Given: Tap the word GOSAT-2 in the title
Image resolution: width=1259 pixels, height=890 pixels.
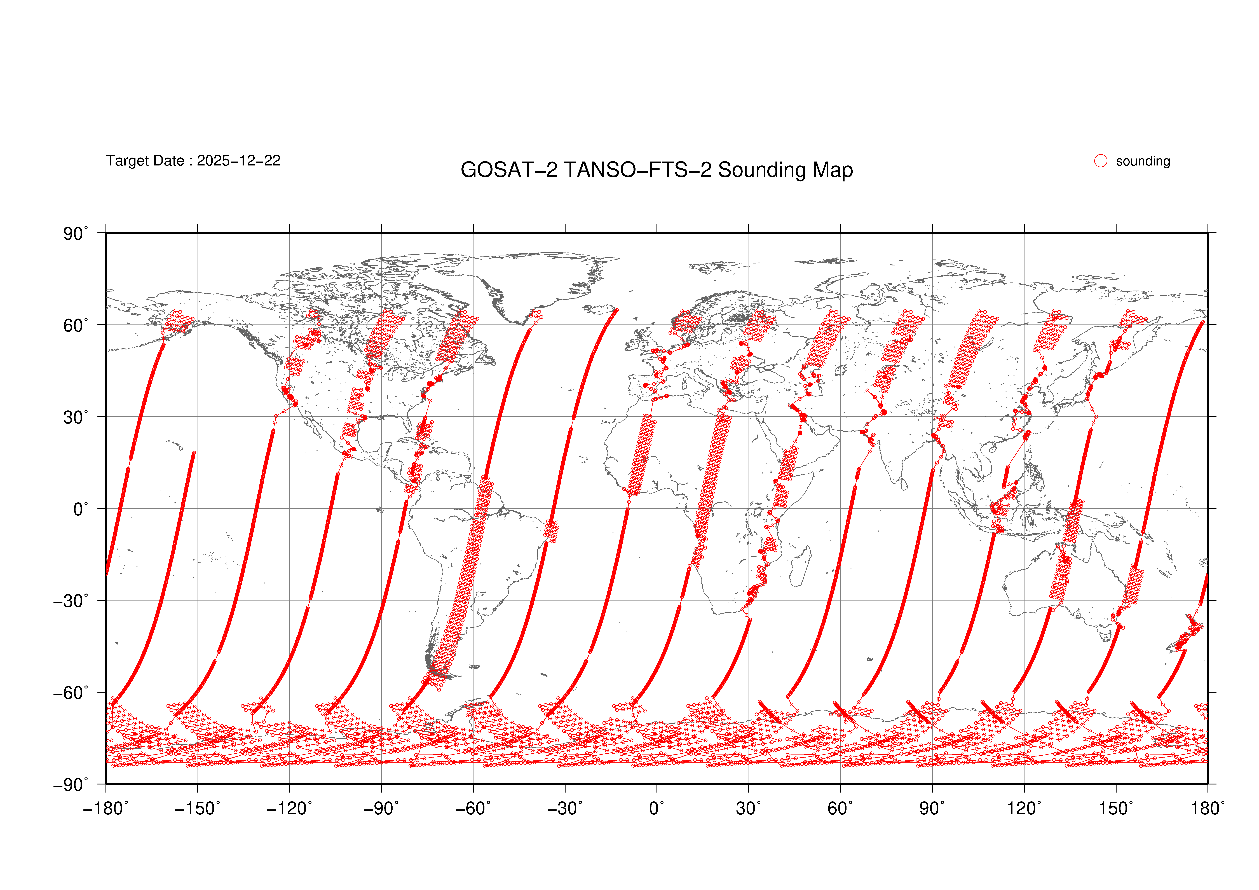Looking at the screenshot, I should point(508,170).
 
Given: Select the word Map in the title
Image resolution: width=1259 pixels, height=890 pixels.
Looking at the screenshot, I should point(832,170).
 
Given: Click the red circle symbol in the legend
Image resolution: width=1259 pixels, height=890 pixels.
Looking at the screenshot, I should point(1101,161).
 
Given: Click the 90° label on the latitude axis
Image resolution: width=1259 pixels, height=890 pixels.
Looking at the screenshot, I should point(75,234).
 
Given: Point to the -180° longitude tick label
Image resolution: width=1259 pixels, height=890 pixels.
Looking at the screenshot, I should point(106,808).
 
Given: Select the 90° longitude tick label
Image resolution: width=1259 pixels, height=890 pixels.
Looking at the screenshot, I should point(932,808).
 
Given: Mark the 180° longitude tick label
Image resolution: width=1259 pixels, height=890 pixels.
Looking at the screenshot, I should point(1208,808).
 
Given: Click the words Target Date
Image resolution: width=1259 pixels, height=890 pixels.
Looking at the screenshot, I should point(145,161).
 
